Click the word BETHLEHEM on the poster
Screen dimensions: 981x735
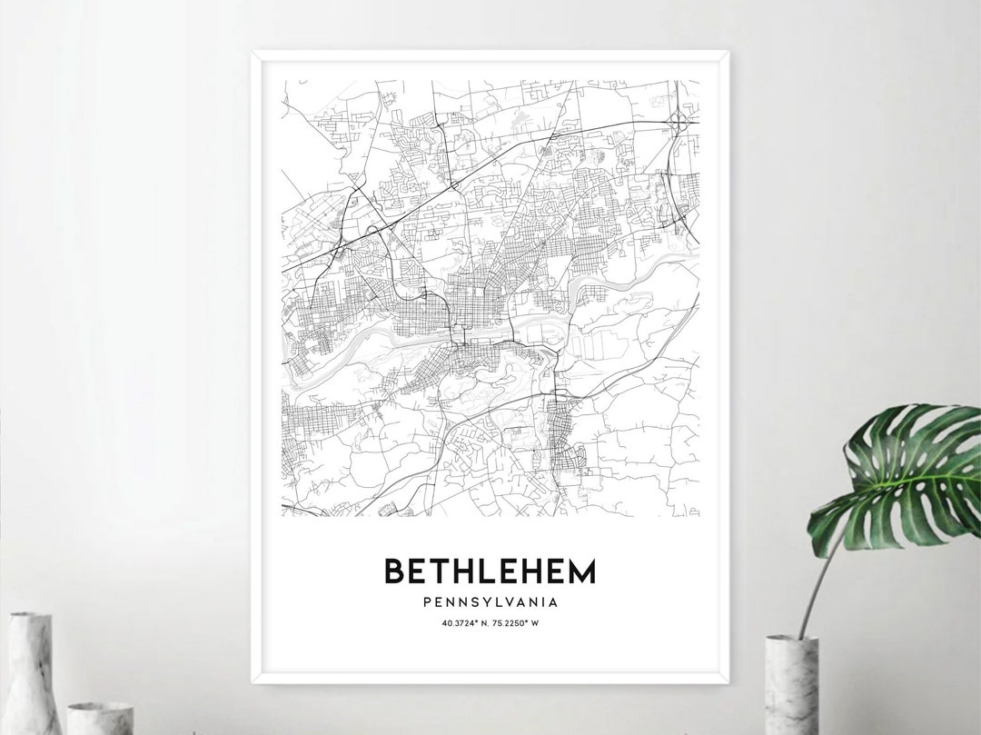490,571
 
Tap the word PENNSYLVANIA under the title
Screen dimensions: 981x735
490,601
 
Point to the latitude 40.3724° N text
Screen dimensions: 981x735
463,622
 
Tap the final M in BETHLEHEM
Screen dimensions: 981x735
582,571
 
